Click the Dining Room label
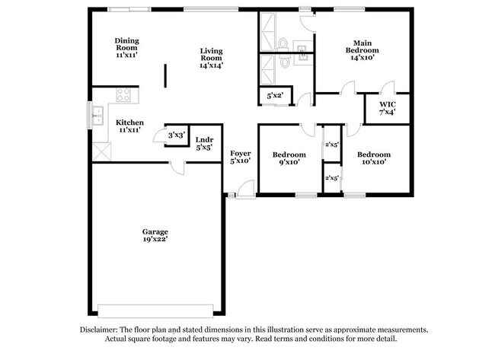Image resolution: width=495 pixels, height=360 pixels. tap(127, 41)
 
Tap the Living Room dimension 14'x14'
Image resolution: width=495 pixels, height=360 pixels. tap(211, 65)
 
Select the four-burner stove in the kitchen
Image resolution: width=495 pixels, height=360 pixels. tap(123, 96)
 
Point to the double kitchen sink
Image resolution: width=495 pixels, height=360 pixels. tap(97, 116)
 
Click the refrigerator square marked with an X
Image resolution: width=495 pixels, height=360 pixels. tap(101, 151)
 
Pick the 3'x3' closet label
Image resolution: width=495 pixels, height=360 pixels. tap(177, 135)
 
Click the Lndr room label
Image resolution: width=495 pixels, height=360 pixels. tap(204, 140)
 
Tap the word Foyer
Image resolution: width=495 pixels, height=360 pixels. tap(241, 153)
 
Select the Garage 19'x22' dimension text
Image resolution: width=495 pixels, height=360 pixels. tap(155, 239)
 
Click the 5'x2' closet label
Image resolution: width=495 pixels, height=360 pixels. tap(274, 97)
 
